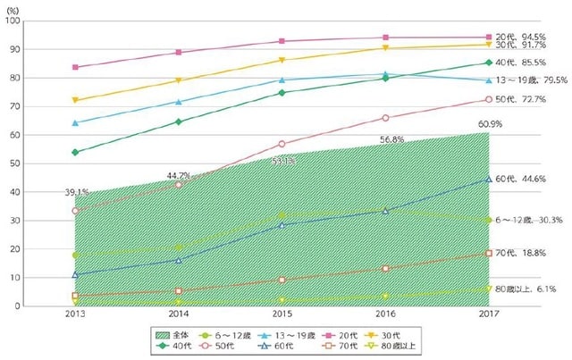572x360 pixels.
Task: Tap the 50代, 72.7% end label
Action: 526,99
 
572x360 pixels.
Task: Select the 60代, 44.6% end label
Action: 526,179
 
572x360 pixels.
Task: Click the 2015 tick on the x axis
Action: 282,315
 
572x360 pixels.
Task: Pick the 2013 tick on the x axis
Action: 75,315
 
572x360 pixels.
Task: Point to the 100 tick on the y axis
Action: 16,21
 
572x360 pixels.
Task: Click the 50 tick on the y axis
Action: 18,163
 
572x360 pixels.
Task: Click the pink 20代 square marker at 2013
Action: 75,67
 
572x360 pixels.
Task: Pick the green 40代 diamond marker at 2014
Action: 179,121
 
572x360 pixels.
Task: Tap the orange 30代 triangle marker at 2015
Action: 282,60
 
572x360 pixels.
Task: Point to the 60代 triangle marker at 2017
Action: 488,179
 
